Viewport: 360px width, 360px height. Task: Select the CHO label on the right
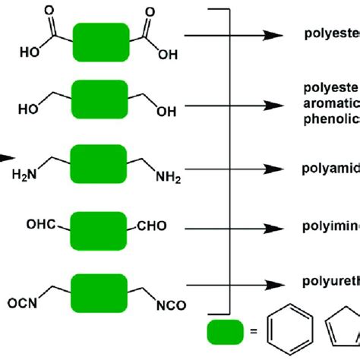pyautogui.click(x=151, y=226)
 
